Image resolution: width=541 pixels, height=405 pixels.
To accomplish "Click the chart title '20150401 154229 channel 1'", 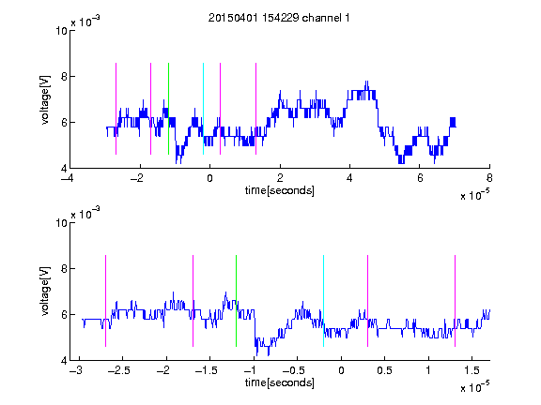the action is pyautogui.click(x=279, y=18).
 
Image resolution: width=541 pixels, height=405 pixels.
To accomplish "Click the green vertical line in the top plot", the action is pyautogui.click(x=168, y=109).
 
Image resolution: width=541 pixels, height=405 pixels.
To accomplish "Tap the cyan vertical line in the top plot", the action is pyautogui.click(x=203, y=109).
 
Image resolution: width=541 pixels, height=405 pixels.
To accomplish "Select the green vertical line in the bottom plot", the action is pyautogui.click(x=236, y=301).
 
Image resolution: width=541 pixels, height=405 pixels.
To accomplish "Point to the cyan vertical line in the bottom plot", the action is pyautogui.click(x=324, y=301).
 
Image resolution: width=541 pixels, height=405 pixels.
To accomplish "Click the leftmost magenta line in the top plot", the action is pyautogui.click(x=116, y=109).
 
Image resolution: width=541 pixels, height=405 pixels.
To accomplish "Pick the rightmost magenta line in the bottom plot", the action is pyautogui.click(x=456, y=301).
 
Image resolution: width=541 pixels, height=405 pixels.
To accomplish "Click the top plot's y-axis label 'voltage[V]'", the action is pyautogui.click(x=45, y=100).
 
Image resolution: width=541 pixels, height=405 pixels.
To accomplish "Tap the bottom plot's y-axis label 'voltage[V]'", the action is pyautogui.click(x=45, y=292).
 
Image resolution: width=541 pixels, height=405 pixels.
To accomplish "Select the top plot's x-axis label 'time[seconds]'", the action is pyautogui.click(x=280, y=190).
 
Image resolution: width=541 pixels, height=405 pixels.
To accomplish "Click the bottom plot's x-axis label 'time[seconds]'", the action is pyautogui.click(x=280, y=382).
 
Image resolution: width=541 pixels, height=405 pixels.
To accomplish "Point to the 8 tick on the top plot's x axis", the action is pyautogui.click(x=489, y=178).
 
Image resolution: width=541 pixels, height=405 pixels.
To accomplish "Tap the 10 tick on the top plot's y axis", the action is pyautogui.click(x=61, y=31).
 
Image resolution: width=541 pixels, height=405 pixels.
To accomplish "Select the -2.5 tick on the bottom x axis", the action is pyautogui.click(x=119, y=370).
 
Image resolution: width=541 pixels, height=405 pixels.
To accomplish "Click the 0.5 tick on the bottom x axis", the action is pyautogui.click(x=384, y=370).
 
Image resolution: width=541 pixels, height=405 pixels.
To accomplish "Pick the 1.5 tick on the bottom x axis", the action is pyautogui.click(x=472, y=370).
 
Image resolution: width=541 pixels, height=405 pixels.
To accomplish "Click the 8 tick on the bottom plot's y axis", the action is pyautogui.click(x=64, y=269).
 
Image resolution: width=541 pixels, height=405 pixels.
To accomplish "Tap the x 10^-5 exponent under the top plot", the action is pyautogui.click(x=474, y=194).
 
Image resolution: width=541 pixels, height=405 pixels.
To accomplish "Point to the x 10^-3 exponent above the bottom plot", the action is pyautogui.click(x=85, y=213).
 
